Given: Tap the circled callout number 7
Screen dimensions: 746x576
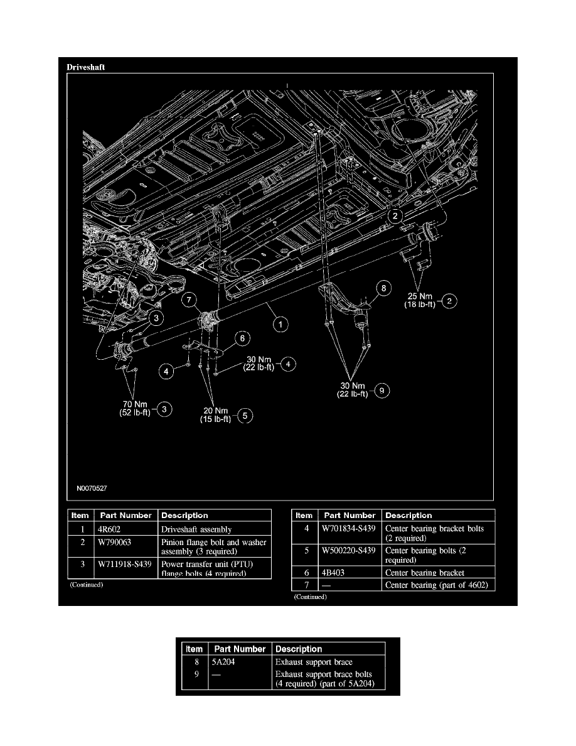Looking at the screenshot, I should (191, 302).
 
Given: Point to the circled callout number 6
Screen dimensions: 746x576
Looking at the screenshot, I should (238, 338).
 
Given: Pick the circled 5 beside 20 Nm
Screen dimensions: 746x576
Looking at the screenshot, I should (245, 415).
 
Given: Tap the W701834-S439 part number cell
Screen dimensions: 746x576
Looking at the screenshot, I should (349, 529).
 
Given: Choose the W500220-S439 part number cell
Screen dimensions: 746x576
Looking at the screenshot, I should (349, 551).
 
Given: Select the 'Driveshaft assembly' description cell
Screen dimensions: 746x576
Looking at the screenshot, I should (196, 530).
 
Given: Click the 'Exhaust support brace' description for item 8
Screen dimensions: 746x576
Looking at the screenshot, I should (314, 662).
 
